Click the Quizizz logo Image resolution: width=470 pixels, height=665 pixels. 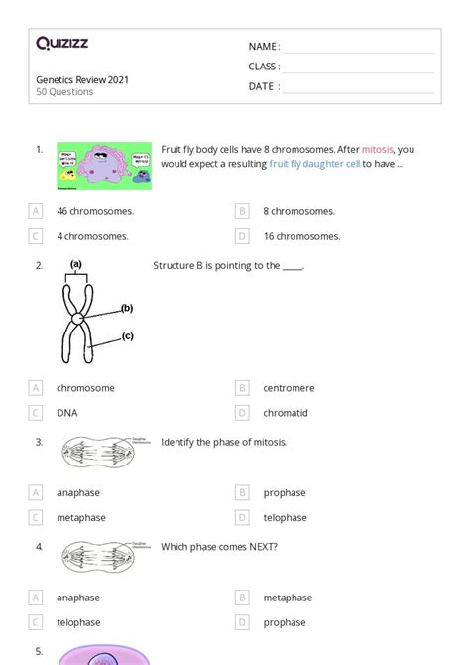coord(61,43)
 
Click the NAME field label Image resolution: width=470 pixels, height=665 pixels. coord(263,47)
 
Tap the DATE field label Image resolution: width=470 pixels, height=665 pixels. coord(263,86)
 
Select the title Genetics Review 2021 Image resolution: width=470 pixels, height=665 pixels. coord(82,79)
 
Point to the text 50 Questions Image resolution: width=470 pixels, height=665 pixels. coord(64,92)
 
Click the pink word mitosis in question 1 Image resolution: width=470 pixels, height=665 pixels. coord(377,149)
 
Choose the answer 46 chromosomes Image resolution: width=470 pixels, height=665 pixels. coord(95,211)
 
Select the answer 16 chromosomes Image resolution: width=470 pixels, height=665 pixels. coord(301,236)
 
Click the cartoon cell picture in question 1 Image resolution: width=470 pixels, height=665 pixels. coord(104,166)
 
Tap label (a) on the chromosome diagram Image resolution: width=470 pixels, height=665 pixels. coord(75,265)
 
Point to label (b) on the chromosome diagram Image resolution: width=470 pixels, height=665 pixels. coord(127,309)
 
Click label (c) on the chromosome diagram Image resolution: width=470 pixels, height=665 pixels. coord(127,336)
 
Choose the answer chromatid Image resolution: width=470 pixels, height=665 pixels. coord(286,413)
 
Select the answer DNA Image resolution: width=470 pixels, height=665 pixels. coord(67,413)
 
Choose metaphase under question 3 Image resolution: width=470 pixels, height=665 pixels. coord(80,517)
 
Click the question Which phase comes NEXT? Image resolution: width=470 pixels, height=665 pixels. coord(218,546)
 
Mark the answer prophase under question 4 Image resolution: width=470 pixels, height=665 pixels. coord(285,622)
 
